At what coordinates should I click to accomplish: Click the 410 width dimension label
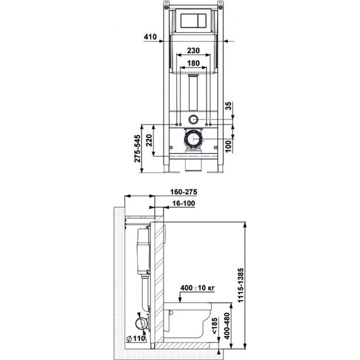tap(150, 37)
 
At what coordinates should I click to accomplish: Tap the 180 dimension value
tap(194, 64)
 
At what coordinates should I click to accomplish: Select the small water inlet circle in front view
tap(194, 118)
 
